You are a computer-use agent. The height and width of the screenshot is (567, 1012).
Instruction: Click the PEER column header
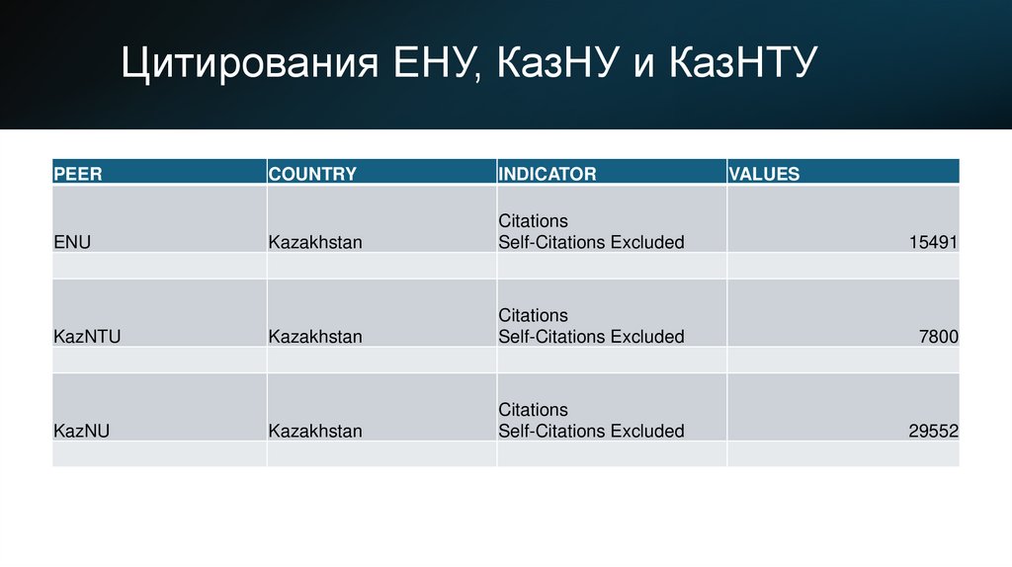coord(78,174)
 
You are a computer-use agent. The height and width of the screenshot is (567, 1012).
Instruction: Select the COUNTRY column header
coord(312,174)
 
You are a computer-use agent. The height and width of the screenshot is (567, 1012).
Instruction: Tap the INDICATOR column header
coord(548,174)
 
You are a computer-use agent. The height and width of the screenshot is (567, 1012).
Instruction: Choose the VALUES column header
coord(764,174)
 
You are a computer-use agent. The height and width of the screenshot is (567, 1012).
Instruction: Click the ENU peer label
coord(72,242)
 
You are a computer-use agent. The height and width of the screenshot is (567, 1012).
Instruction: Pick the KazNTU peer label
coord(87,337)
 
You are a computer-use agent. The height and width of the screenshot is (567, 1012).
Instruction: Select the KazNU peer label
coord(81,431)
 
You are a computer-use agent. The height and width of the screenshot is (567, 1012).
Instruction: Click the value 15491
coord(934,242)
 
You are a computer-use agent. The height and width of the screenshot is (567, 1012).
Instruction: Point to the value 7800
coord(939,337)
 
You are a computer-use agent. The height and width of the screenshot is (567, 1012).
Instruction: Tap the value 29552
coord(934,431)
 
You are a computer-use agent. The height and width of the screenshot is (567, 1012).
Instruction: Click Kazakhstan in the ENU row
coord(315,242)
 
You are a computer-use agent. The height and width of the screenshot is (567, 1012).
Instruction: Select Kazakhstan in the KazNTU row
coord(315,337)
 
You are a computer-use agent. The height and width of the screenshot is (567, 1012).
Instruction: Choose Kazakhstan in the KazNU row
coord(315,431)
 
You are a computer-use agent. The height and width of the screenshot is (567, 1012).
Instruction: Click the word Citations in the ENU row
coord(534,220)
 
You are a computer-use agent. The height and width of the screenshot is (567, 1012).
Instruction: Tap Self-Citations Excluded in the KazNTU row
coord(591,337)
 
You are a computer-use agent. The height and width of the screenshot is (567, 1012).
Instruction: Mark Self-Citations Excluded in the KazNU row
coord(591,431)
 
